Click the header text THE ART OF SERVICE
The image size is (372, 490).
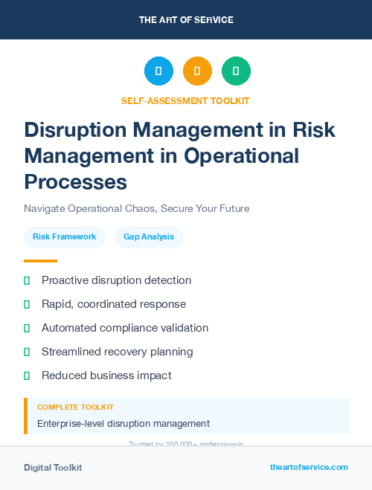click(x=186, y=19)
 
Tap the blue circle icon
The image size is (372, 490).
click(x=158, y=71)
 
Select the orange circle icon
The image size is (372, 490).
click(x=197, y=71)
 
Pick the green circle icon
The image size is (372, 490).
click(x=236, y=71)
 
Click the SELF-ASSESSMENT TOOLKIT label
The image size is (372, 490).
click(x=185, y=100)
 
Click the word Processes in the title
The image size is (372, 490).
click(x=75, y=181)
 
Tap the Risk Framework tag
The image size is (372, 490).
click(x=65, y=237)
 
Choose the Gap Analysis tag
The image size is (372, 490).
click(x=149, y=237)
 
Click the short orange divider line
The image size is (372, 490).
click(x=40, y=261)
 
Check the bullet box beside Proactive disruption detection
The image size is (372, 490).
click(x=27, y=280)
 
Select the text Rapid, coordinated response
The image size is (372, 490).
click(x=114, y=304)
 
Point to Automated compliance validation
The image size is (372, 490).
click(x=125, y=328)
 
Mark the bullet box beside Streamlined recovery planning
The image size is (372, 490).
click(x=27, y=352)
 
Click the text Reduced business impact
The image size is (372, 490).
click(x=106, y=375)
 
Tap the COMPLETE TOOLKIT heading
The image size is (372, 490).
click(x=75, y=407)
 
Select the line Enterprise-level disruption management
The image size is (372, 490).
click(x=124, y=424)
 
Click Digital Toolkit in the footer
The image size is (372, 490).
click(x=53, y=468)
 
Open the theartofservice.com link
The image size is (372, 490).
click(x=309, y=467)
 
